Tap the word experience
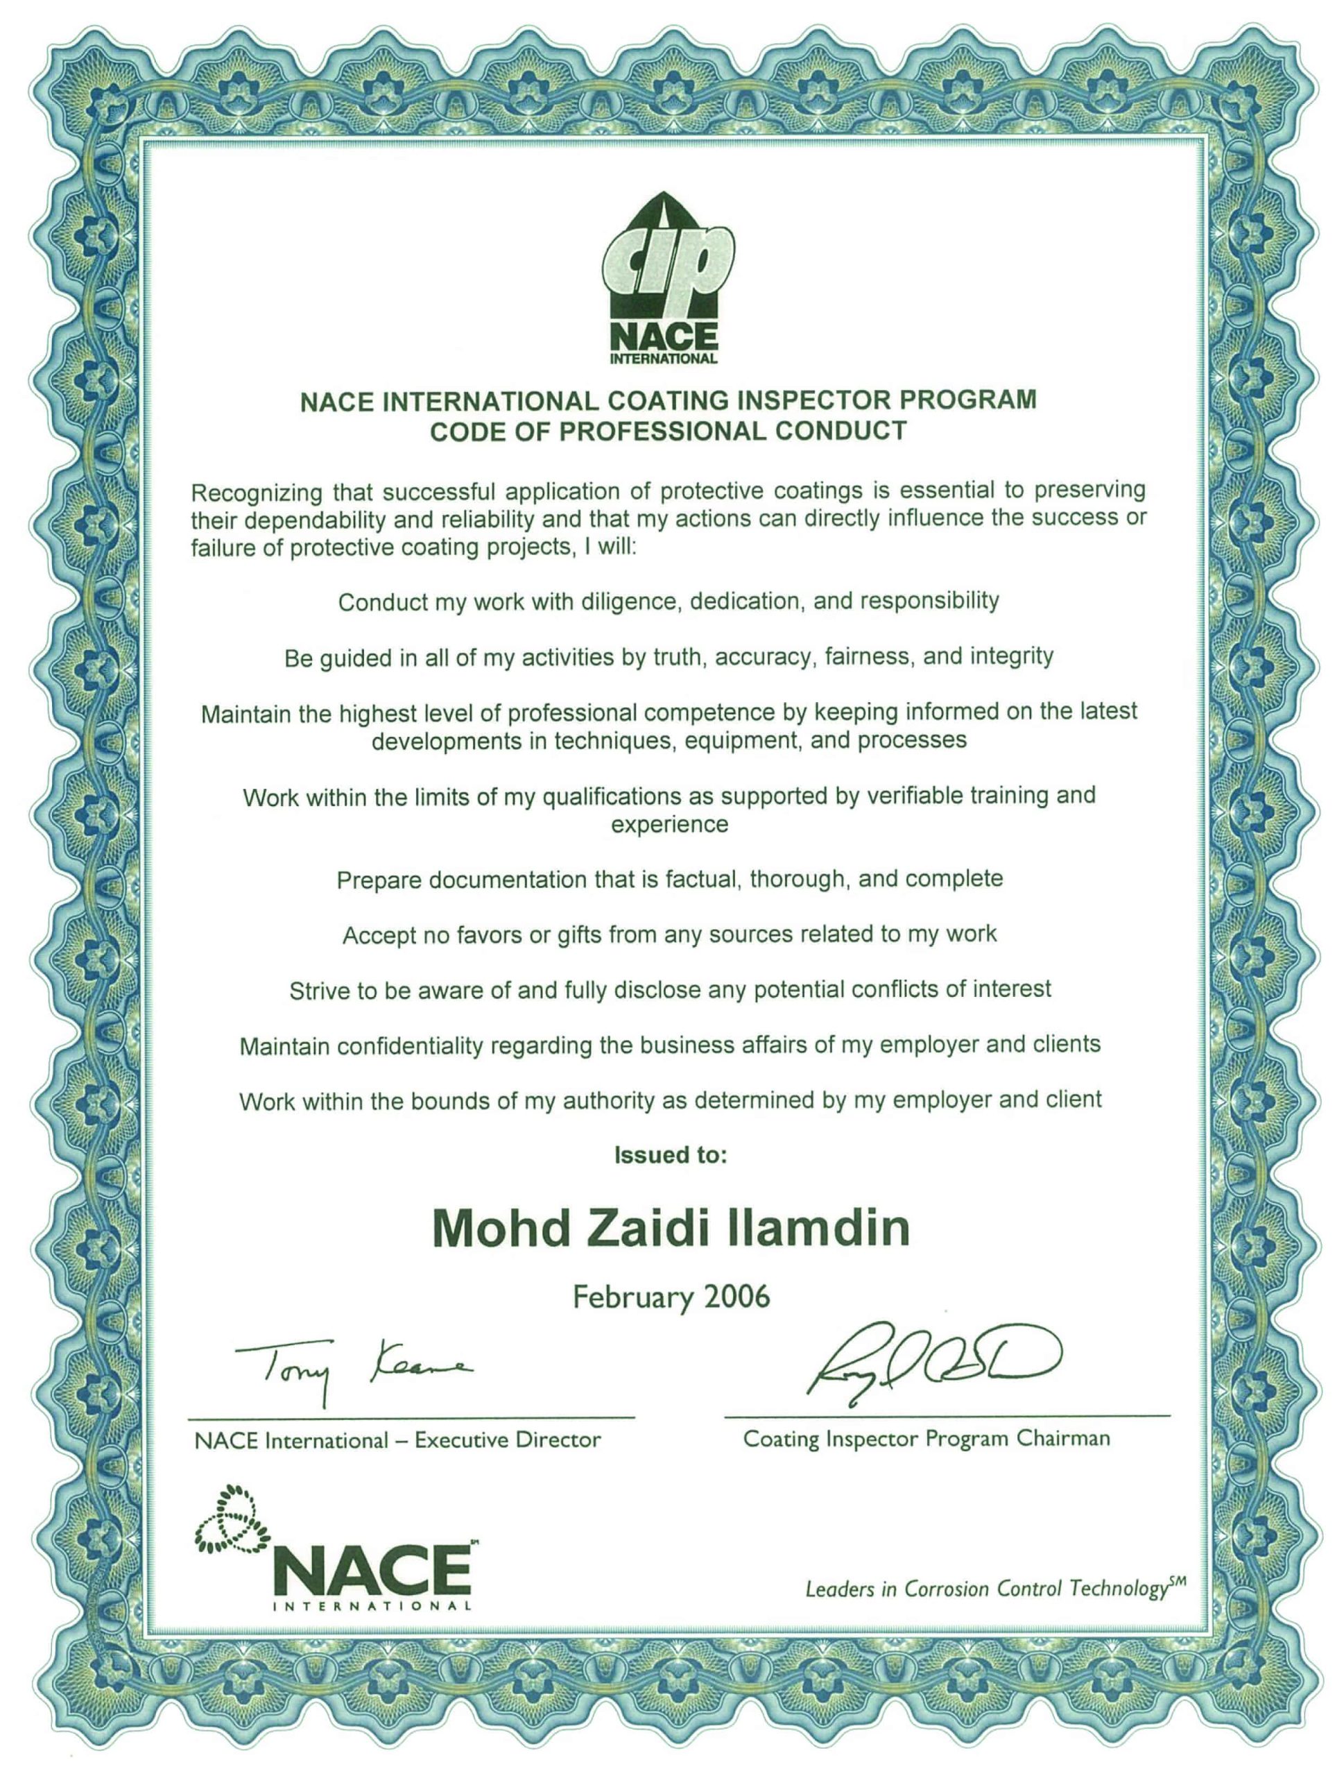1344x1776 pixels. (x=669, y=825)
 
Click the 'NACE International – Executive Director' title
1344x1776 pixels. (x=397, y=1440)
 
